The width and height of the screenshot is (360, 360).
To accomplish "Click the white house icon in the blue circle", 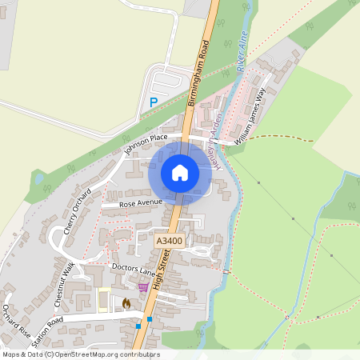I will pyautogui.click(x=180, y=172).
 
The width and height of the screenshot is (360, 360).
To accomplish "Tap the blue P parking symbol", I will pyautogui.click(x=154, y=102).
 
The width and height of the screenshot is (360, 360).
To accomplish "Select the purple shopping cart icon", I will pyautogui.click(x=143, y=287).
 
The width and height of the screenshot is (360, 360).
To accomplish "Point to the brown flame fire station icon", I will pyautogui.click(x=126, y=303).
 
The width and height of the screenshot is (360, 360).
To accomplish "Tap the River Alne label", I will pyautogui.click(x=239, y=54).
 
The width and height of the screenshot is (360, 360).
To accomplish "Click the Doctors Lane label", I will pyautogui.click(x=134, y=270).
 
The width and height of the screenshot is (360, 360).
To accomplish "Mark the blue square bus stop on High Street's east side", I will pyautogui.click(x=150, y=319).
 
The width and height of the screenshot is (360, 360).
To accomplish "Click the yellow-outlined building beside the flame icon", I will pyautogui.click(x=102, y=299).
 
